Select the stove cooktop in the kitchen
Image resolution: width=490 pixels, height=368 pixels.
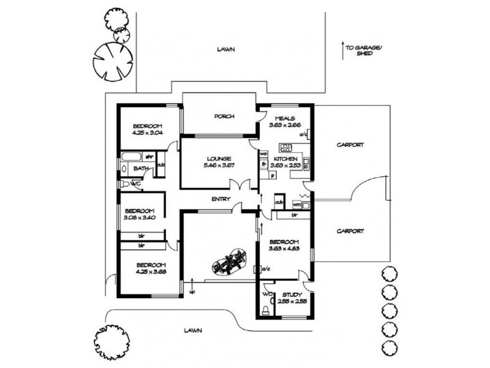285,148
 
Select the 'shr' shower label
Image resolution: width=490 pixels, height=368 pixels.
148,156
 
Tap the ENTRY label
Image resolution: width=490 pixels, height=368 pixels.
220,199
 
